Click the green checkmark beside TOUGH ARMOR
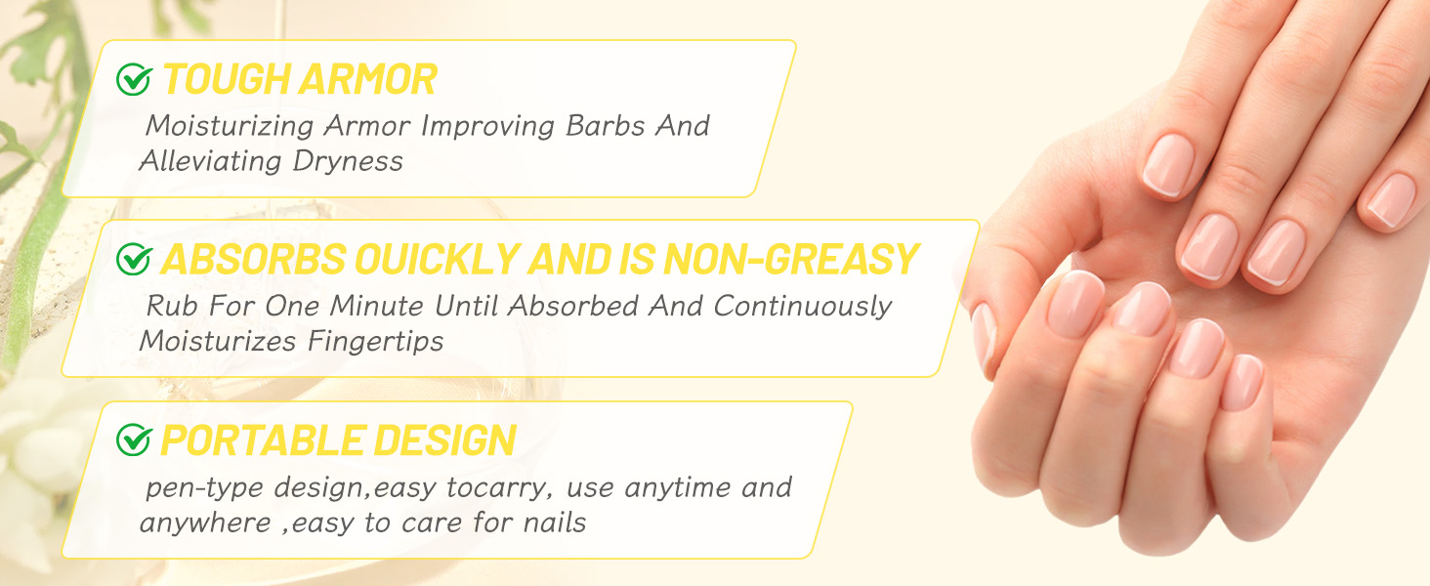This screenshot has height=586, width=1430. [x=134, y=79]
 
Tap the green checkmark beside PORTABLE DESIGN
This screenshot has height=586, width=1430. [x=134, y=440]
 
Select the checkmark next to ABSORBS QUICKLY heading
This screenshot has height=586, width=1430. [x=134, y=260]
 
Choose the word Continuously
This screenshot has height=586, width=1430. [x=802, y=306]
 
